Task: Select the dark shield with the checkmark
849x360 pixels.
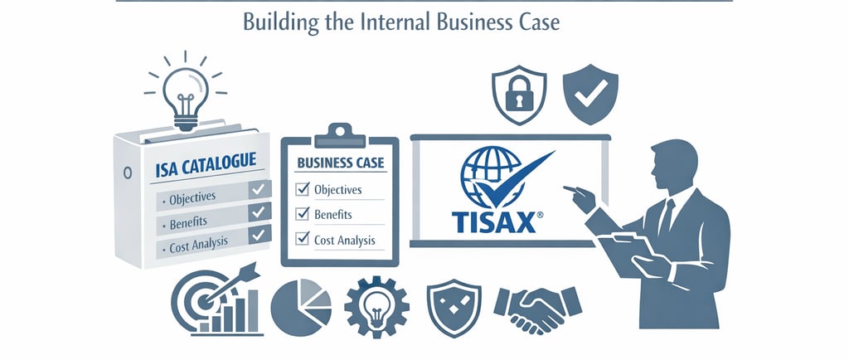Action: click(589, 95)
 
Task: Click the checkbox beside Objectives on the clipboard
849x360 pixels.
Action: click(303, 189)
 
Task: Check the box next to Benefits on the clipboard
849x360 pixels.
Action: click(303, 215)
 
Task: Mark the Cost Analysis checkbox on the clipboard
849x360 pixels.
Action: click(303, 241)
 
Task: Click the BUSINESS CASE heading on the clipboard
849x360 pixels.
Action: click(339, 162)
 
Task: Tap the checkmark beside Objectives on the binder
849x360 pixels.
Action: click(259, 192)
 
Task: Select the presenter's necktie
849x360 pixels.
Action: click(665, 217)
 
